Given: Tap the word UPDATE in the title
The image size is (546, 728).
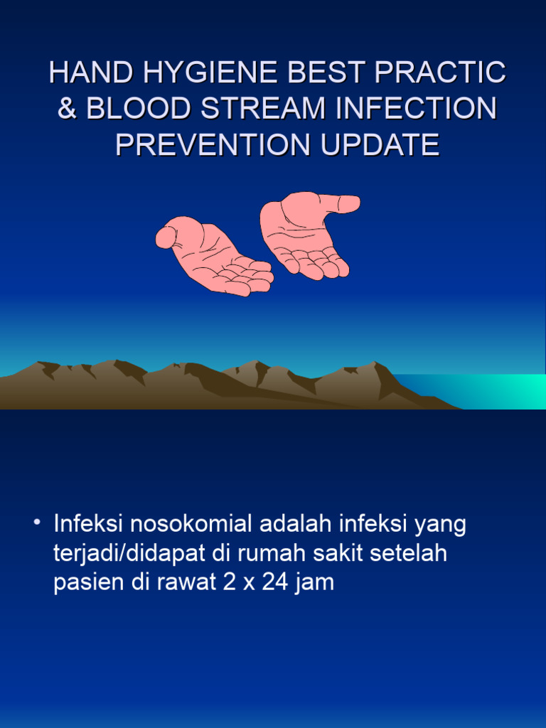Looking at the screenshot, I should pos(380,145).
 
